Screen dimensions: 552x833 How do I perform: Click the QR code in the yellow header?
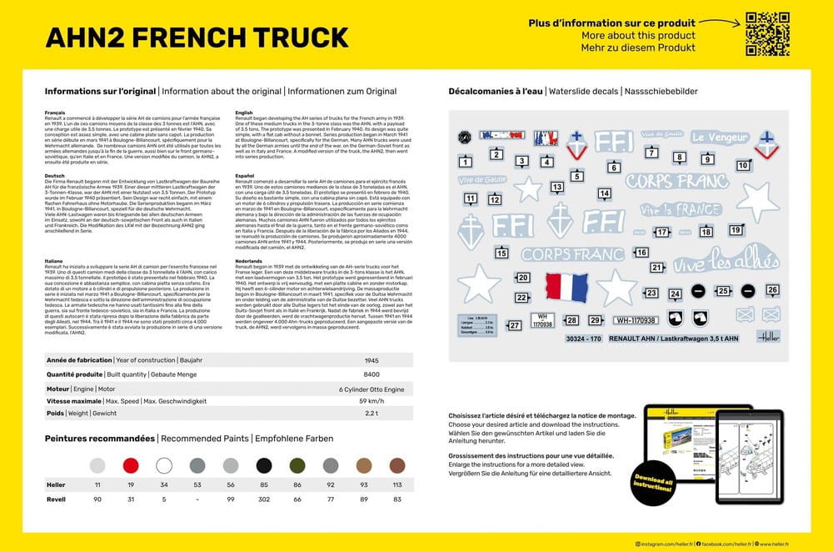point(766,34)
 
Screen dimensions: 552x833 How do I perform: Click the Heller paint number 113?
point(397,484)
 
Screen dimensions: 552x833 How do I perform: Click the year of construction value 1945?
point(372,360)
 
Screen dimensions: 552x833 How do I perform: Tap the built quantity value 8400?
point(372,374)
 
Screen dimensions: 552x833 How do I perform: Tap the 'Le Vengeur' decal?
point(721,138)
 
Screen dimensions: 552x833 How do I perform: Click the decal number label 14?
point(605,193)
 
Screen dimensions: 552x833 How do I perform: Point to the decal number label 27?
point(514,325)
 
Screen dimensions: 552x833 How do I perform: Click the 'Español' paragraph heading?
point(245,177)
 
